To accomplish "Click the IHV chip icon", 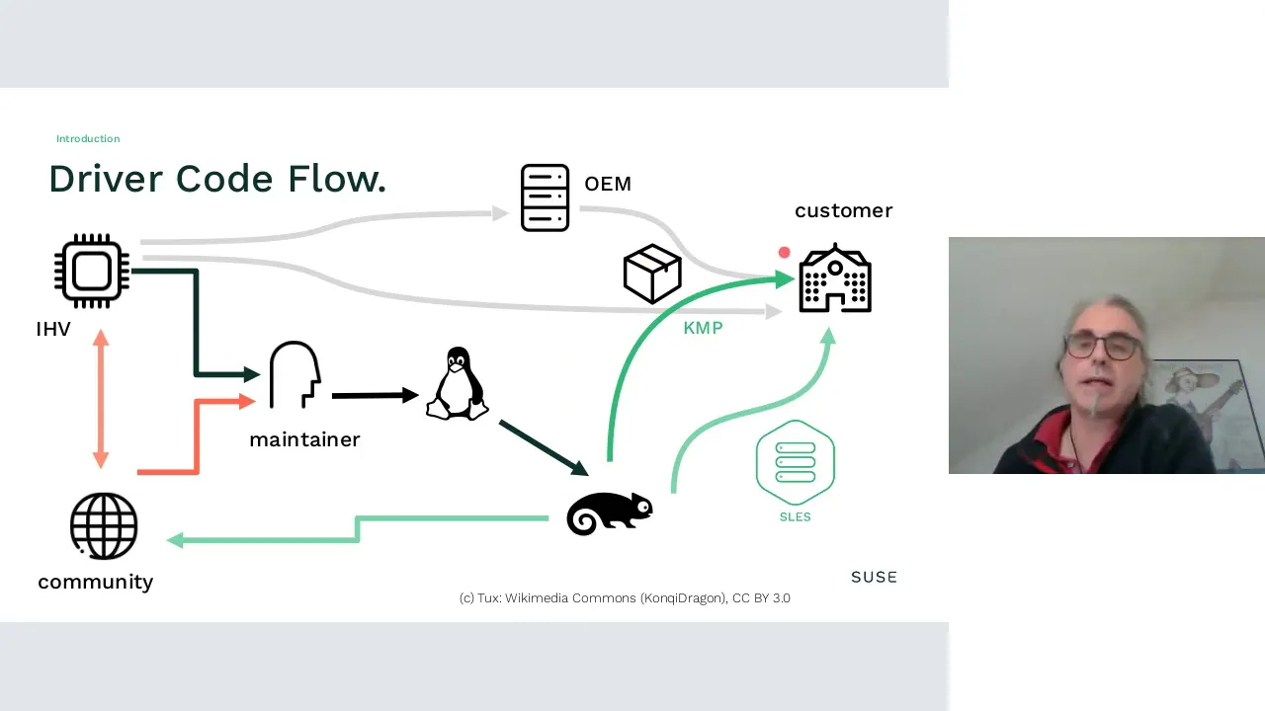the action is pos(92,271).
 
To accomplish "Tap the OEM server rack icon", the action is pos(545,197).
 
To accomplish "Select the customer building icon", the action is pos(835,277).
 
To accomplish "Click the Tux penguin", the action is pos(458,384).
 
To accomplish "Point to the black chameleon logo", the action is pos(610,513).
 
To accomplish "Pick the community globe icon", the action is pos(104,526).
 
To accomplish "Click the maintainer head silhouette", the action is pos(295,374).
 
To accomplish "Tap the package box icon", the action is pos(652,274).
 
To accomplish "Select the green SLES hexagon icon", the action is pos(796,462).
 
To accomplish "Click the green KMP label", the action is pos(703,328).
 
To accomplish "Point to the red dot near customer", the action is pos(785,252).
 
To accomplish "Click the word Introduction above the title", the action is pos(88,139).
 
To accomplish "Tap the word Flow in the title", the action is pos(337,179).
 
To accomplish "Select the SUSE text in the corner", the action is pos(875,577).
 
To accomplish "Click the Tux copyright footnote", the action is pos(625,598).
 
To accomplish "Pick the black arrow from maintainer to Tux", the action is pos(375,396).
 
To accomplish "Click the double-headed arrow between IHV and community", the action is pos(101,399).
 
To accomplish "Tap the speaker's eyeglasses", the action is pos(1102,346).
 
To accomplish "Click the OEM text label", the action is pos(608,184).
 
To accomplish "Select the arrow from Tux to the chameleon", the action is pos(544,448).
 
